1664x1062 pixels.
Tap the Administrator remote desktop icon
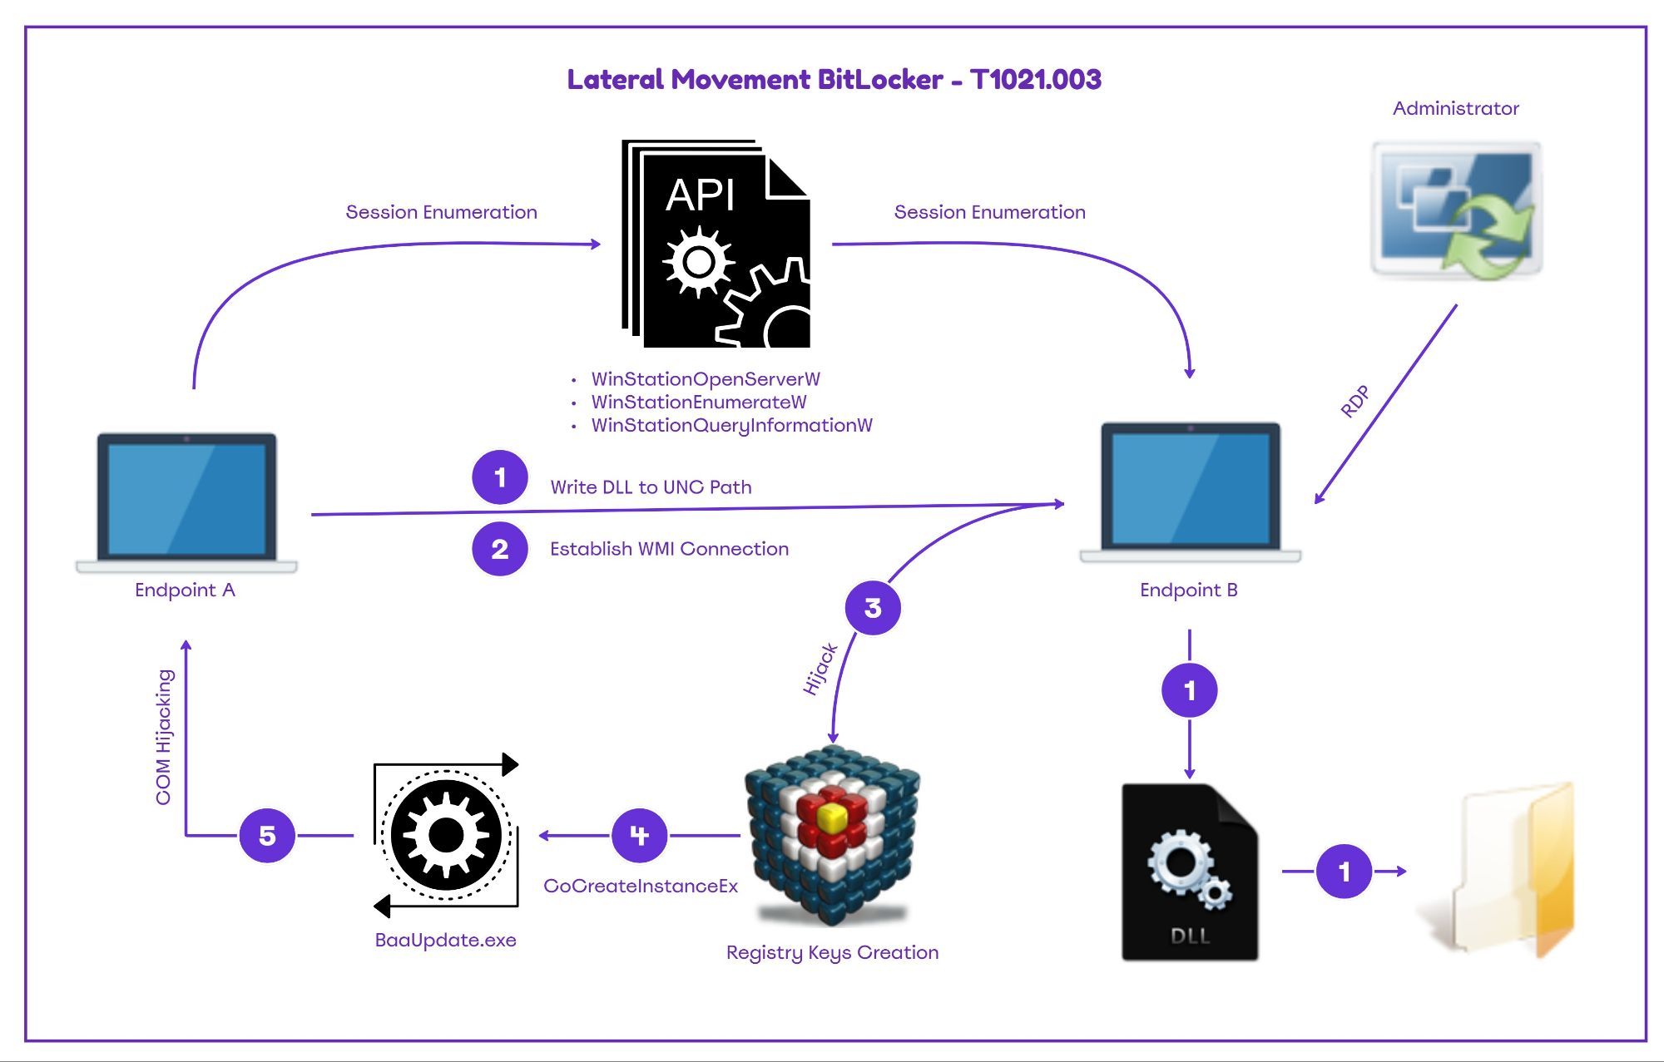point(1456,210)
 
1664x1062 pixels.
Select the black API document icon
point(716,245)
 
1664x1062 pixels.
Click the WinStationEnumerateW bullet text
point(698,403)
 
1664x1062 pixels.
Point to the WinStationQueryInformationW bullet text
point(731,426)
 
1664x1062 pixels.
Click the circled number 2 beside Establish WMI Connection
point(499,549)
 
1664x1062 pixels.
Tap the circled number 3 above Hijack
point(873,608)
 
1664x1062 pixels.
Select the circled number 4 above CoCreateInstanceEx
point(639,835)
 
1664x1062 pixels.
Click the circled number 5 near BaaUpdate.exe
point(267,835)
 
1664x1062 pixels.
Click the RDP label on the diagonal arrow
point(1354,402)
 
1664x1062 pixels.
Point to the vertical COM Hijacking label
point(164,737)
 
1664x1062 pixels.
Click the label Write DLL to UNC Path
point(651,487)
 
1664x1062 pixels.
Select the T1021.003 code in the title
point(1035,80)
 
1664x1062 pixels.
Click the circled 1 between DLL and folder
point(1344,871)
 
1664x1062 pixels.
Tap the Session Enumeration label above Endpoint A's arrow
point(441,212)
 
